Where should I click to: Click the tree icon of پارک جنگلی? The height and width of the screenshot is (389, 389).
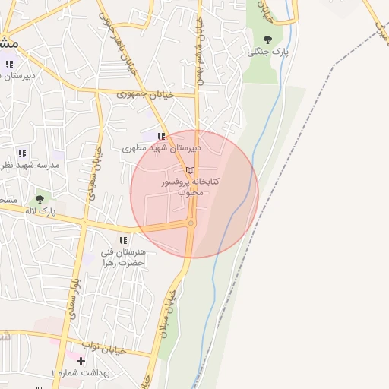[267, 40]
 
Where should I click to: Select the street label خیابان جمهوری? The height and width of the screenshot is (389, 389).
[146, 94]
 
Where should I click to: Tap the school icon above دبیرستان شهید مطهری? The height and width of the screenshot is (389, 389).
[160, 137]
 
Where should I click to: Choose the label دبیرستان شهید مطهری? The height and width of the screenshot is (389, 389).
[161, 149]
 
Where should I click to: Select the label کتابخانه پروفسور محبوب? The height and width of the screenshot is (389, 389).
[191, 187]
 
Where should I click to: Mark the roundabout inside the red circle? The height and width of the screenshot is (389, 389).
[191, 223]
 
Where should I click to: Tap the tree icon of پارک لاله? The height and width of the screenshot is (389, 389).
[40, 198]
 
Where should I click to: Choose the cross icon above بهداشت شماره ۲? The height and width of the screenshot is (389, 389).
[81, 360]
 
